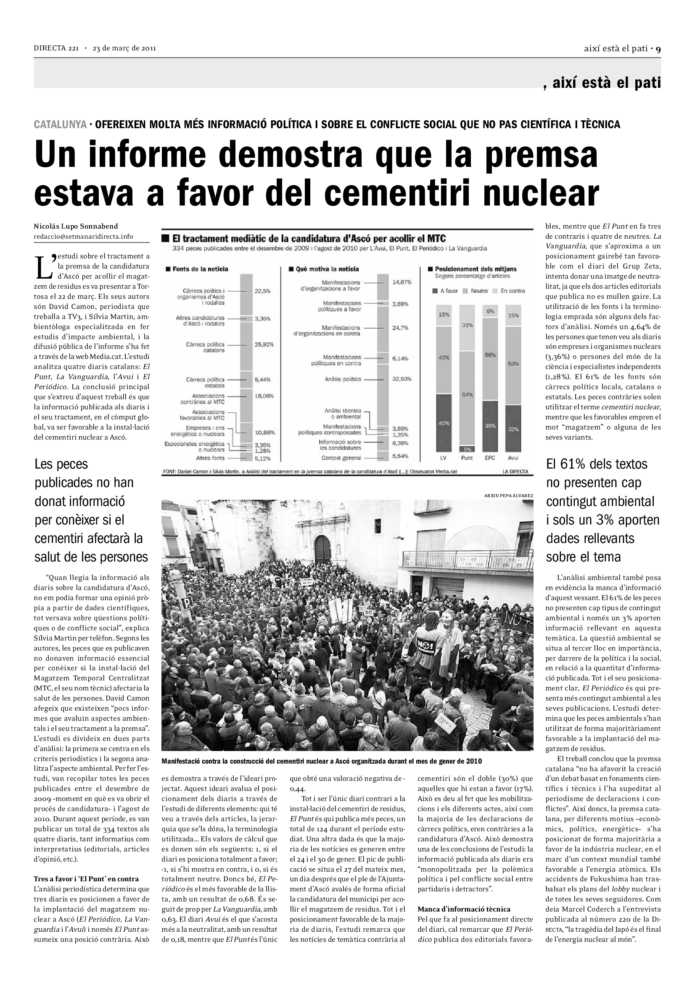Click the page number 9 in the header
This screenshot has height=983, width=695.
pyautogui.click(x=658, y=49)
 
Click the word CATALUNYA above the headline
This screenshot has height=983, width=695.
pyautogui.click(x=60, y=124)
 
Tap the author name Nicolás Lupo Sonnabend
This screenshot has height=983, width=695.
pyautogui.click(x=76, y=227)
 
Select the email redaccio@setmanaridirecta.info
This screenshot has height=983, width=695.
pyautogui.click(x=83, y=236)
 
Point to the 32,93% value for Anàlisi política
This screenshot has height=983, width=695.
pyautogui.click(x=402, y=379)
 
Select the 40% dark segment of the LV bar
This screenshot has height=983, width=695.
pyautogui.click(x=444, y=423)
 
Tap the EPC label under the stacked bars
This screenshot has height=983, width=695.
pyautogui.click(x=490, y=458)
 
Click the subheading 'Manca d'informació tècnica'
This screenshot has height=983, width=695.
pyautogui.click(x=464, y=909)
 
